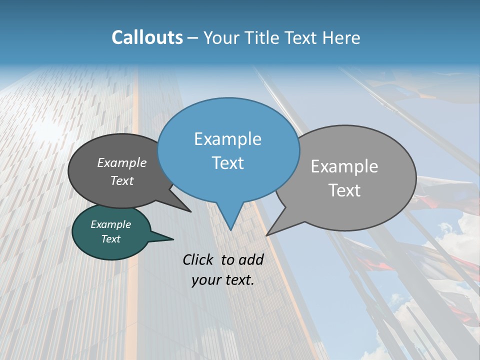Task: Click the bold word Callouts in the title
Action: point(147,37)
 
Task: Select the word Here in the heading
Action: point(342,37)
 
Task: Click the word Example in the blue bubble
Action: point(227,139)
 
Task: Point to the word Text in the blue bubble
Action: point(227,163)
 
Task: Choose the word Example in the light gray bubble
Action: point(344,166)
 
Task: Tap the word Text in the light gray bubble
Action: point(344,190)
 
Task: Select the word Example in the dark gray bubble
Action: point(122,163)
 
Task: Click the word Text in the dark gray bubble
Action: point(122,180)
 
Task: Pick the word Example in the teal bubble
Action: point(110,224)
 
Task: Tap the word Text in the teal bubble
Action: point(110,239)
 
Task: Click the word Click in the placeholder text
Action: point(198,259)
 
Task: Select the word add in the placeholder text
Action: point(251,259)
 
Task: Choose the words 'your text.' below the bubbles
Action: point(223,280)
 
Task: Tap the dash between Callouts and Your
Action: point(193,38)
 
